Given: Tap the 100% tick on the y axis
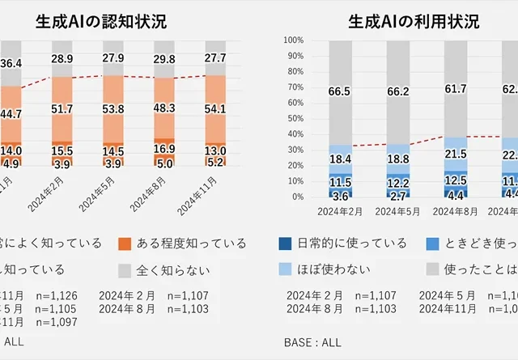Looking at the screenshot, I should [x=293, y=40].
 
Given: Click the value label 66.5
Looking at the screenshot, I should [x=341, y=92].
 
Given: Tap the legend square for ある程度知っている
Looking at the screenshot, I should [x=124, y=243].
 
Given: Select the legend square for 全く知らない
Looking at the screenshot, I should [x=124, y=269].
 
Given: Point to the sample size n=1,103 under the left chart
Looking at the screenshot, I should [x=188, y=309].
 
